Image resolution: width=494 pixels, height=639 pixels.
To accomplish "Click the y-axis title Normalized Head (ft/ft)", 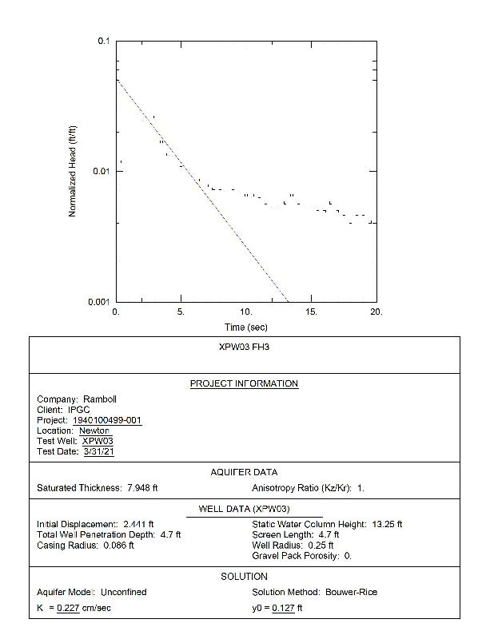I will coord(73,171).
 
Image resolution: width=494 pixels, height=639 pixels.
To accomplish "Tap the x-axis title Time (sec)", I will coord(245,327).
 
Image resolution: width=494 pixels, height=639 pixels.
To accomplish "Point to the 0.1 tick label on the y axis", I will coord(104,42).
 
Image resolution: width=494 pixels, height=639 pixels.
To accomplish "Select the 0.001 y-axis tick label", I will coord(99,302).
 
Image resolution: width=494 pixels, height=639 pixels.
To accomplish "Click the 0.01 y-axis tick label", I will coord(102,172).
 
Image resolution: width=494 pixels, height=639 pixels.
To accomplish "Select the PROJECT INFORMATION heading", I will coord(244,384).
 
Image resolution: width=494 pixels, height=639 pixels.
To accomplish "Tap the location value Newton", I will coord(94,431).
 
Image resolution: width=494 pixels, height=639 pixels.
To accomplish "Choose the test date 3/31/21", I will coord(100,451).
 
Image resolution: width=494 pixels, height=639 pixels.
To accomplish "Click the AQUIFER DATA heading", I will coord(244,473).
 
